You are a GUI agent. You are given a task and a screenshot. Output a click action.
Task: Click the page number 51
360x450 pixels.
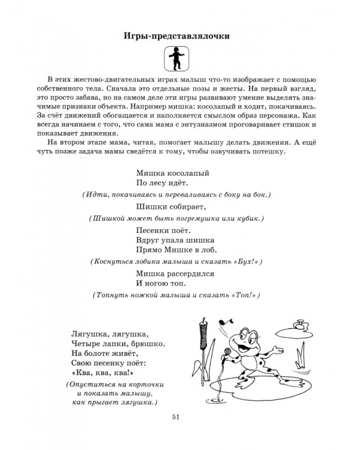tap(176, 418)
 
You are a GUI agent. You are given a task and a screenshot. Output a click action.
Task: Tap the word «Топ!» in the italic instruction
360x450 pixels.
tap(246, 296)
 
